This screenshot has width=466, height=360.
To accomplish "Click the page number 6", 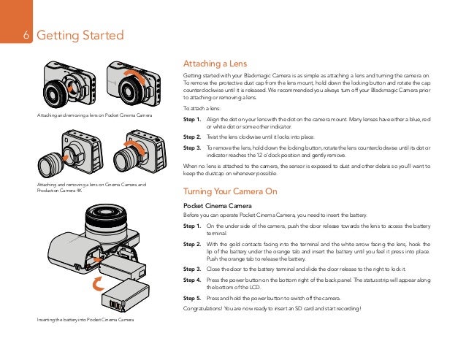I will tap(27, 35).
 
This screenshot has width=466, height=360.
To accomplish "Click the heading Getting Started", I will tap(80, 35).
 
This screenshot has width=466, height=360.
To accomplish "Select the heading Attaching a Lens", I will tap(213, 63).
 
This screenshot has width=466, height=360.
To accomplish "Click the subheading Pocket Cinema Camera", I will tap(215, 205).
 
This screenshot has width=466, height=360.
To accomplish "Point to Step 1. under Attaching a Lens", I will tap(192, 118).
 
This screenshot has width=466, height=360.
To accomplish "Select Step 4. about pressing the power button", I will tap(192, 280).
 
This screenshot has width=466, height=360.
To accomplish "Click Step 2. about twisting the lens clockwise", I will tap(192, 136).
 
